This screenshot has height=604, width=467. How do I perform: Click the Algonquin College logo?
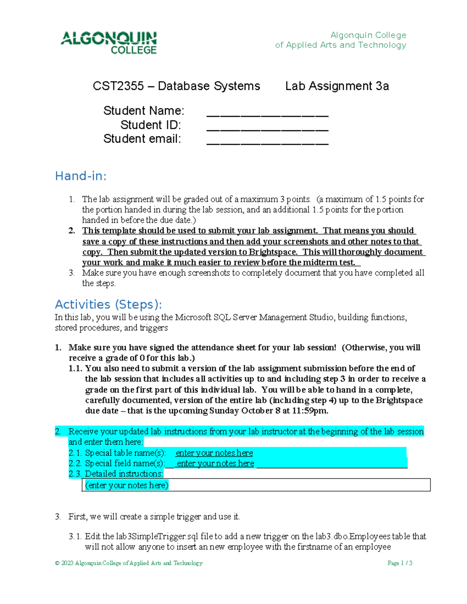point(109,42)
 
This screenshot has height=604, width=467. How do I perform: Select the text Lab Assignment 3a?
point(337,86)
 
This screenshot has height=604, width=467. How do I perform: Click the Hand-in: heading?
point(81,176)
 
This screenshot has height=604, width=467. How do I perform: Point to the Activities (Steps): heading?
point(109,304)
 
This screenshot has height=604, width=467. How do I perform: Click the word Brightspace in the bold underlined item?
point(272,252)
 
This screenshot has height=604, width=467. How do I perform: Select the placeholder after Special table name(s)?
point(214,453)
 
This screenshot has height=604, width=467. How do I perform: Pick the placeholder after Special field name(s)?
point(215,464)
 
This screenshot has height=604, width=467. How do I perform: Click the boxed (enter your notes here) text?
point(127,485)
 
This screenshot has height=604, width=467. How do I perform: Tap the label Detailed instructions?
point(124,474)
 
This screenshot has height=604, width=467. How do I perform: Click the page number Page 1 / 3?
point(400,563)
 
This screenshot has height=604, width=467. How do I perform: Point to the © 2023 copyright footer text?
point(129,563)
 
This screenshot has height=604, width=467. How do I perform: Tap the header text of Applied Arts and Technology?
point(341,45)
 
